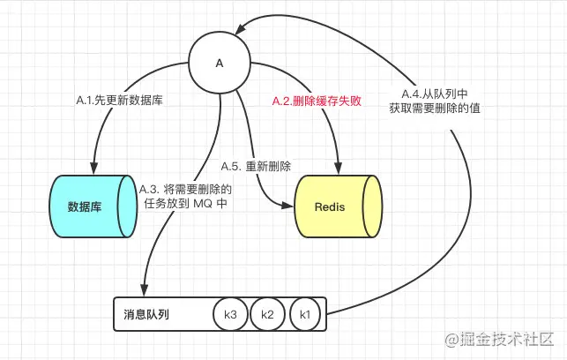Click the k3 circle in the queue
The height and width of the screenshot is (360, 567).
(230, 313)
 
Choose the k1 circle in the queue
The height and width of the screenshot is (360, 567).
(304, 313)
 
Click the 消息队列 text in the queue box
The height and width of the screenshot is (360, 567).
(146, 313)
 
